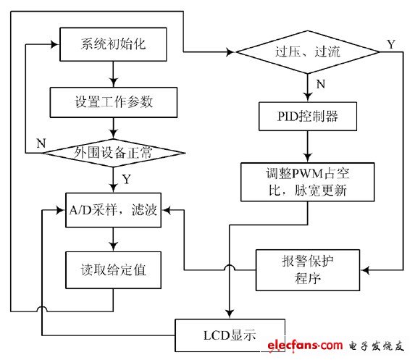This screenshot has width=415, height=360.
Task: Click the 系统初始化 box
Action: (x=114, y=45)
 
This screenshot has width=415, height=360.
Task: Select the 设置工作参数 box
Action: (x=114, y=102)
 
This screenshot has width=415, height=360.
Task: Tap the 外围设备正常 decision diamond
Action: (x=114, y=152)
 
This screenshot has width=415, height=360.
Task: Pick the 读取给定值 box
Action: (x=114, y=269)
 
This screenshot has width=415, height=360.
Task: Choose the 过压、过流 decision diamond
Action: (x=308, y=51)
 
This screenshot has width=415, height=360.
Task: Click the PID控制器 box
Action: (x=308, y=116)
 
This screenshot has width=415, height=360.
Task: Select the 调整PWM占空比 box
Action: (x=308, y=183)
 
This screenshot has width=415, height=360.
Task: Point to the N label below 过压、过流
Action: (x=320, y=84)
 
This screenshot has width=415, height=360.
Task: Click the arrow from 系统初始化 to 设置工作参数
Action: (x=113, y=74)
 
